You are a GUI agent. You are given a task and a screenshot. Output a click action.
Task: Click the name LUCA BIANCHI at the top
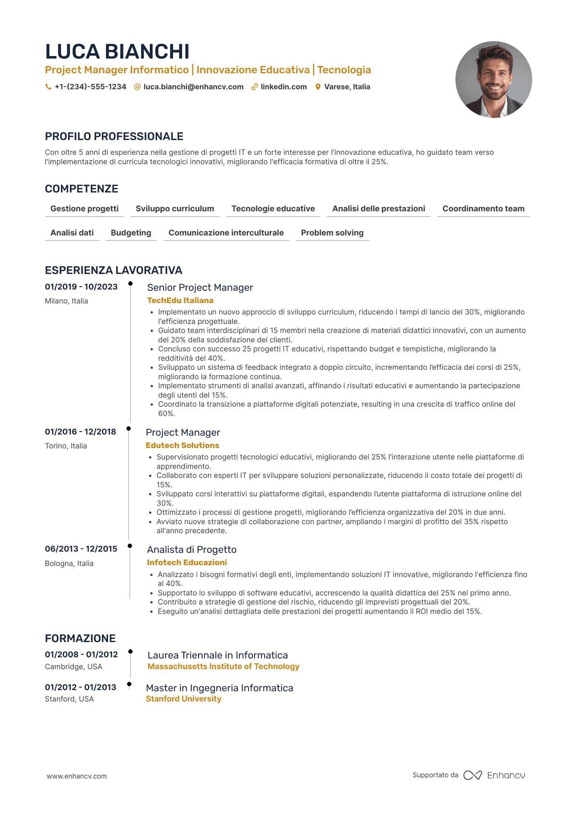(117, 52)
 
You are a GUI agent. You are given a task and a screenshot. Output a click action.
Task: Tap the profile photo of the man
(494, 79)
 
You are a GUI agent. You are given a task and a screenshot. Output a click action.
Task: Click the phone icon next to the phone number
(48, 87)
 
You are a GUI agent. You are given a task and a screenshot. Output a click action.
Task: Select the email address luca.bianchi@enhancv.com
(193, 87)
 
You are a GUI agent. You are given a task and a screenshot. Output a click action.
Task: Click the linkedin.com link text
(284, 87)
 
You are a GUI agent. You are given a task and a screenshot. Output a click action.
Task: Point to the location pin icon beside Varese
(318, 87)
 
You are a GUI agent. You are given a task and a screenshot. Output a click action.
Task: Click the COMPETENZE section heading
(81, 189)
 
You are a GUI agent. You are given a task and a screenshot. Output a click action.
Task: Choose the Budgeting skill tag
(131, 233)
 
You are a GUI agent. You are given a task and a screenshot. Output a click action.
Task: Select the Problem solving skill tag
(332, 233)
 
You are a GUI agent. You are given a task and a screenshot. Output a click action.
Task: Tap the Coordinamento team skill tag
(483, 209)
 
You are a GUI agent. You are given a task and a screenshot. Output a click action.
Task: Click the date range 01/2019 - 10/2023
(81, 287)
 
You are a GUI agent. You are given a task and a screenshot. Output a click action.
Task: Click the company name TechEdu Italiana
(180, 301)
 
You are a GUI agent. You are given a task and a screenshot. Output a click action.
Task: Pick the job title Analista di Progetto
(192, 550)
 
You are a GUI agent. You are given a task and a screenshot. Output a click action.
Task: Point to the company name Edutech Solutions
(183, 446)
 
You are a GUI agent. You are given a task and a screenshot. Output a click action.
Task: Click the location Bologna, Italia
(69, 564)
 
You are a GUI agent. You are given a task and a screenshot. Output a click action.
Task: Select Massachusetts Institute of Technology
(223, 667)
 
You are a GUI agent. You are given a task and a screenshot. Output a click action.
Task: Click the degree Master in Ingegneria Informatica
(219, 688)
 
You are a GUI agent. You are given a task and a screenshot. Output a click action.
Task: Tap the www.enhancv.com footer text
(77, 776)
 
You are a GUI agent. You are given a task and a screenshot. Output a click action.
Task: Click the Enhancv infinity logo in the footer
(473, 775)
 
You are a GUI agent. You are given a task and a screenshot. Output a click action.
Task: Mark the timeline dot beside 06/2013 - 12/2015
(130, 546)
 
